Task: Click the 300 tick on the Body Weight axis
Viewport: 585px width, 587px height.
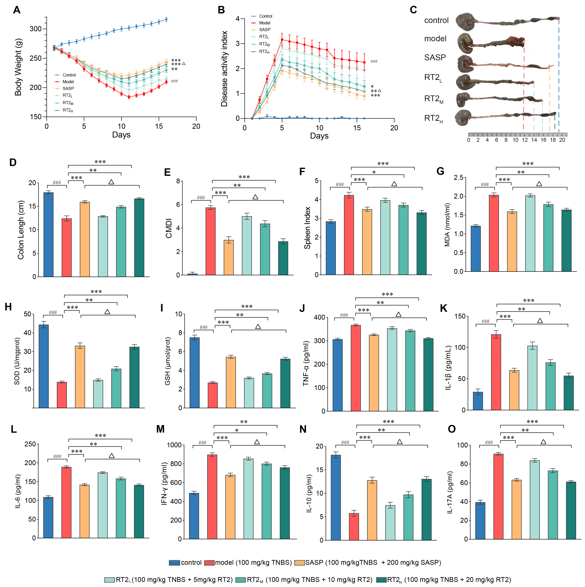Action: point(36,29)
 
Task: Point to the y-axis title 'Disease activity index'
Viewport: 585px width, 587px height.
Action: point(224,69)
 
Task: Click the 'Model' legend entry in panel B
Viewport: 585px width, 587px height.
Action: point(264,23)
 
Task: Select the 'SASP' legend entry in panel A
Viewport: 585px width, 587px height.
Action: point(68,88)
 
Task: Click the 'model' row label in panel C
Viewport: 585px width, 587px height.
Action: point(435,39)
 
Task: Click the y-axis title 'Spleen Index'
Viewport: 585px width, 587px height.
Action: point(307,228)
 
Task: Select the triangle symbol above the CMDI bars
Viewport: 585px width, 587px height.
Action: point(255,197)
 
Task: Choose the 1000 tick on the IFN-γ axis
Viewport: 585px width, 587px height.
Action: point(174,445)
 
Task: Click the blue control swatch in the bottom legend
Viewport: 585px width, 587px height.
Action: point(174,563)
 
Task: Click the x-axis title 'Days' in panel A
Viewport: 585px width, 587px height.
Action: point(121,135)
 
